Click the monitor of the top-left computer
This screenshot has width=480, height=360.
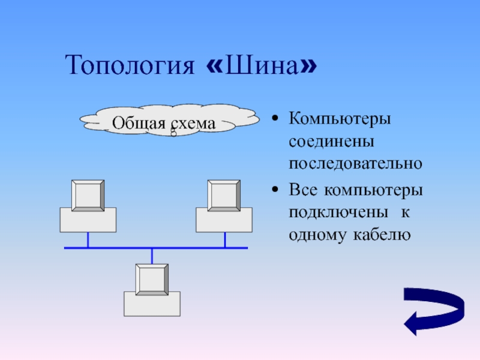click(88, 195)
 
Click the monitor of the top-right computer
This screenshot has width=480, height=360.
click(224, 195)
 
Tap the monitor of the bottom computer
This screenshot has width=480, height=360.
click(152, 279)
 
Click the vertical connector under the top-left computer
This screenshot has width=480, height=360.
click(88, 240)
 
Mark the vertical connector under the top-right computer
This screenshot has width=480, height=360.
click(225, 240)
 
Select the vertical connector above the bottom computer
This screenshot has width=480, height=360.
click(152, 256)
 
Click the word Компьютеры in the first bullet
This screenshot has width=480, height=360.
click(340, 118)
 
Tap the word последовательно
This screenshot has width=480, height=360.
click(356, 163)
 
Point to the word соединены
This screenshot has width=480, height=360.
click(331, 141)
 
